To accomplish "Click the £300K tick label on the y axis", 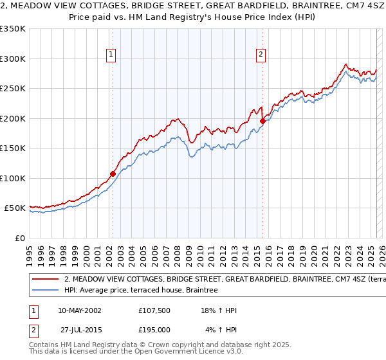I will tap(14, 59).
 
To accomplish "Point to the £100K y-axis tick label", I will tap(14, 178).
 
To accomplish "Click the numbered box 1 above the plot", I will tap(111, 55).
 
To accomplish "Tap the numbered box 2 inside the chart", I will tap(261, 55).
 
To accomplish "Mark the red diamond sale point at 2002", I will tap(113, 174).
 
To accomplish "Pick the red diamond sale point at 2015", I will tap(262, 121).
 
